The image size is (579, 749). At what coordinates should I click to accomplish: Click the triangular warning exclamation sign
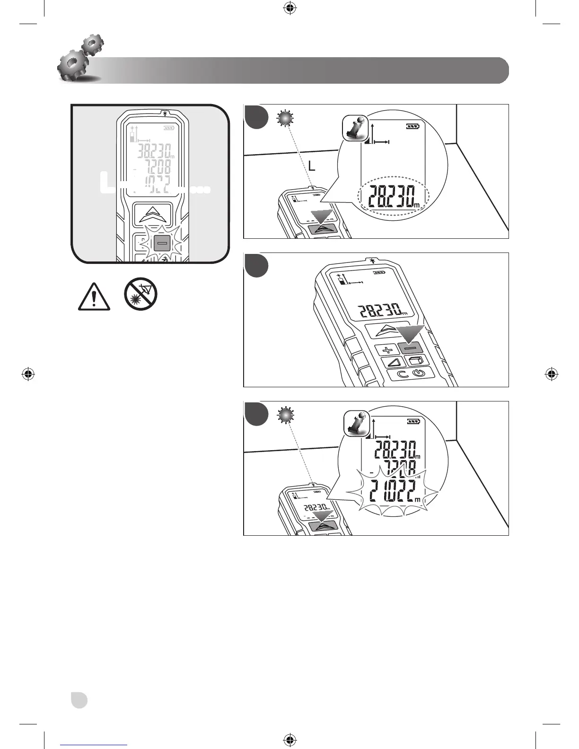point(94,297)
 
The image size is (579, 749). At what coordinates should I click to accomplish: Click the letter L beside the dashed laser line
point(311,166)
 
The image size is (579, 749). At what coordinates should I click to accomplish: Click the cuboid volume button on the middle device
point(416,361)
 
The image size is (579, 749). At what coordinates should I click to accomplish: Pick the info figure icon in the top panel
point(355,128)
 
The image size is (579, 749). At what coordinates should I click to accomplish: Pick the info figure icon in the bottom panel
point(356,423)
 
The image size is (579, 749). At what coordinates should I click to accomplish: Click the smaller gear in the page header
point(92,45)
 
